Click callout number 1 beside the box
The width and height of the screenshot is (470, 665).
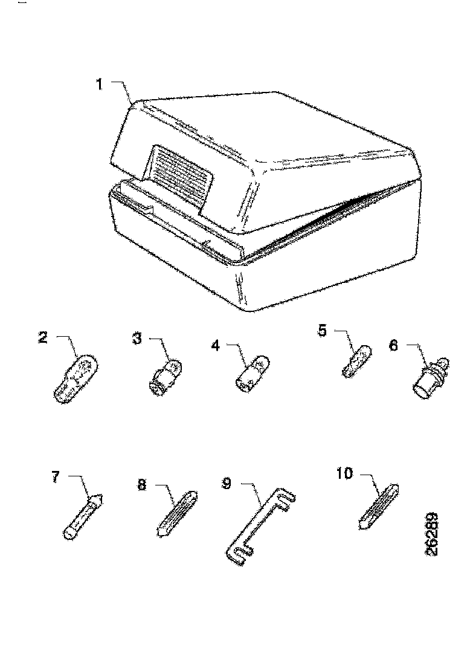point(98,85)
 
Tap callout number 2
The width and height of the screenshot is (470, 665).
point(43,337)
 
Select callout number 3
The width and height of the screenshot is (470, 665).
point(137,339)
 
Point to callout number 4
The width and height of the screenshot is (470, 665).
point(216,345)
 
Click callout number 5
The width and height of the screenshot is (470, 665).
point(323,330)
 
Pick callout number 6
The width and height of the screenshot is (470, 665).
point(394,345)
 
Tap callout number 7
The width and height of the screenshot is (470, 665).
point(56,477)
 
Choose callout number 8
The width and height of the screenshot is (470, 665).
point(142,485)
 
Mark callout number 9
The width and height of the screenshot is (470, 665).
point(227,483)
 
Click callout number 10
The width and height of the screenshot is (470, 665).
point(344,474)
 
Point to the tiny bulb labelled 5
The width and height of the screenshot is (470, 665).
point(357,360)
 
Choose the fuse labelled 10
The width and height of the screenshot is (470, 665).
point(379,506)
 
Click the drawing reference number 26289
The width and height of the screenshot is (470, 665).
point(433,534)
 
